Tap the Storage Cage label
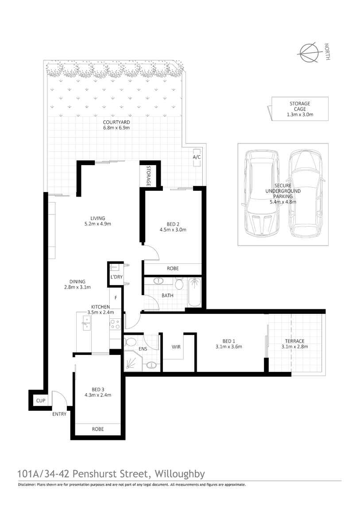tap(300, 109)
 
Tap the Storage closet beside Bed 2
tap(148, 176)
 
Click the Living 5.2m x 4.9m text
tap(97, 221)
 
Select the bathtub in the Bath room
tap(194, 293)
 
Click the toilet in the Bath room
tap(179, 283)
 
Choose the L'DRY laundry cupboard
tap(116, 273)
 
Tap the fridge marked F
tap(116, 297)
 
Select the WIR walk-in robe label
tap(177, 347)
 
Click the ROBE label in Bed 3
tap(98, 429)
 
